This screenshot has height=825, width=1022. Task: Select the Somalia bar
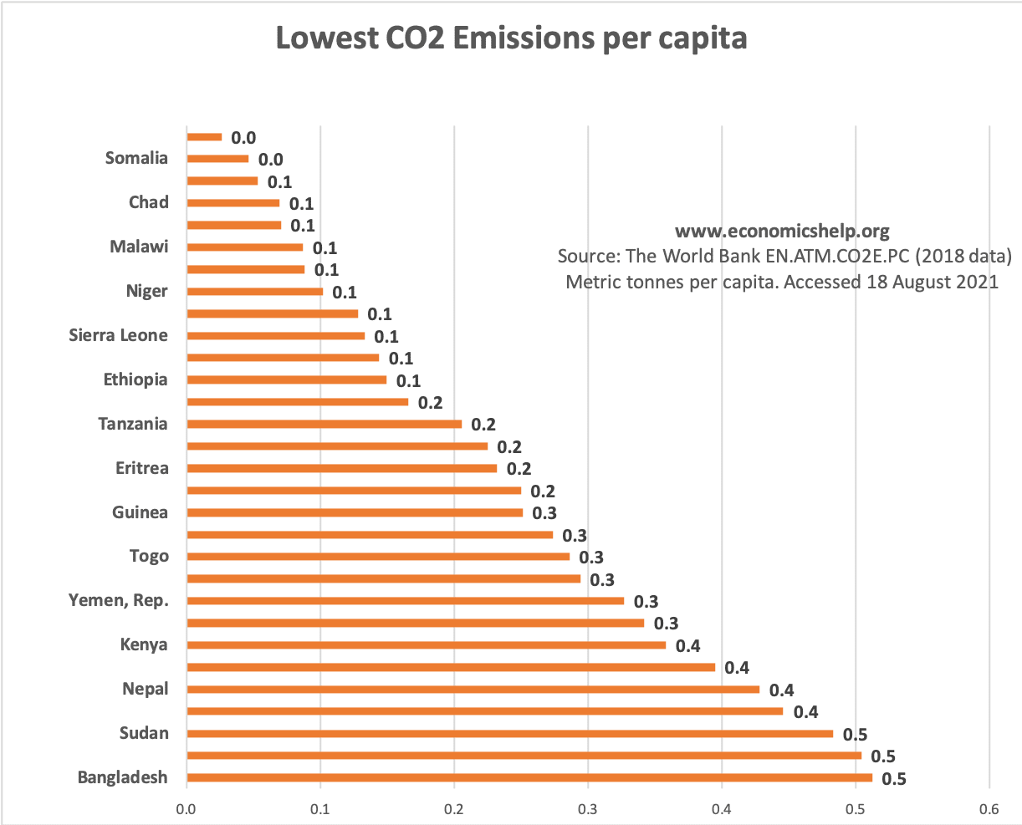217,158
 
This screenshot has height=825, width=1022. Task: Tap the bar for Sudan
510,733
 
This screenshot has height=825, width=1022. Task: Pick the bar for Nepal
473,690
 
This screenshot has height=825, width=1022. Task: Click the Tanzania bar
324,424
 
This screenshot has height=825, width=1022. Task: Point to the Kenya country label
144,644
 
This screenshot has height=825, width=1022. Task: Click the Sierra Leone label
118,335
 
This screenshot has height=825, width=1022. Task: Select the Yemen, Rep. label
118,600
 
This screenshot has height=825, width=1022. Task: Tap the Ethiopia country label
135,379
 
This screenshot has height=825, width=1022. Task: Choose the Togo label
149,556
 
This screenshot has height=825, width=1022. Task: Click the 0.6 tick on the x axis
989,808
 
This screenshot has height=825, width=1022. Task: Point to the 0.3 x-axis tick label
588,808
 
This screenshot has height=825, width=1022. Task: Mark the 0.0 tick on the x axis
187,808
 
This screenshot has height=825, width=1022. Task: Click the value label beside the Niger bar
345,293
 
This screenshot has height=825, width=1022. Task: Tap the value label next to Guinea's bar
544,513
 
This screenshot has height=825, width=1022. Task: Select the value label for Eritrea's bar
519,469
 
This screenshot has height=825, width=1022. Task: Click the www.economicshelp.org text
782,231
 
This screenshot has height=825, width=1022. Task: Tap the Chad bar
233,202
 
